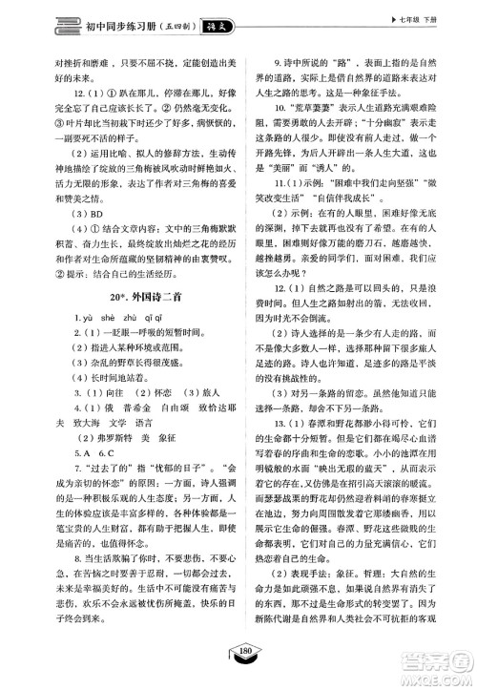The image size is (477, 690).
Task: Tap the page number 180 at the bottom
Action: point(238,679)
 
